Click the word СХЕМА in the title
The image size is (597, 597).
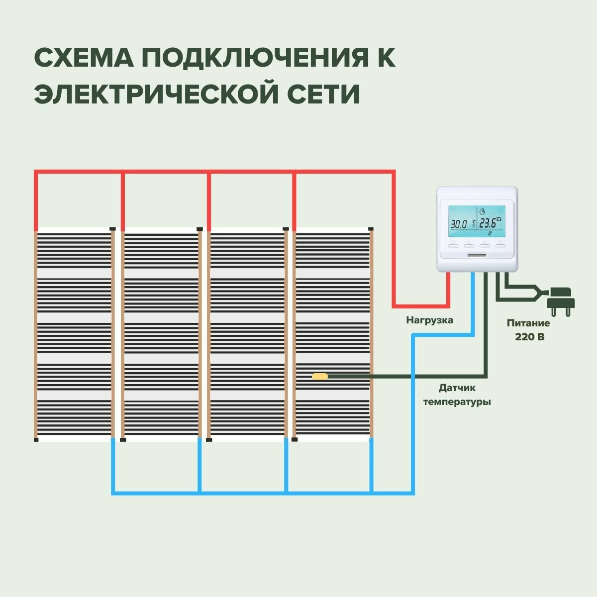[83, 58]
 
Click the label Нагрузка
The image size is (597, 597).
[429, 320]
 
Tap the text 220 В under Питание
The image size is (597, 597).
[529, 337]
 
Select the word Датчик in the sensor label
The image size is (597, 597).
[457, 388]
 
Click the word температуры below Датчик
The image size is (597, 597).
[457, 401]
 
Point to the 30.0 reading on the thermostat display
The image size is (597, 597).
[458, 224]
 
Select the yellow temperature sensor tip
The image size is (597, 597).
[319, 376]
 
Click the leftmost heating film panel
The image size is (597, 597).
[74, 333]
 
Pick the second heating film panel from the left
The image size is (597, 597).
[162, 333]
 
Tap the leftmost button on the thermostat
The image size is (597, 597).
[453, 244]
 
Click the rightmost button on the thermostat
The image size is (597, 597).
[500, 244]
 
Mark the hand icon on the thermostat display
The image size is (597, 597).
[482, 211]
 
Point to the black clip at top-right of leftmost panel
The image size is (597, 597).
[112, 229]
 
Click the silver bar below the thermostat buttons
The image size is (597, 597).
[477, 256]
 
